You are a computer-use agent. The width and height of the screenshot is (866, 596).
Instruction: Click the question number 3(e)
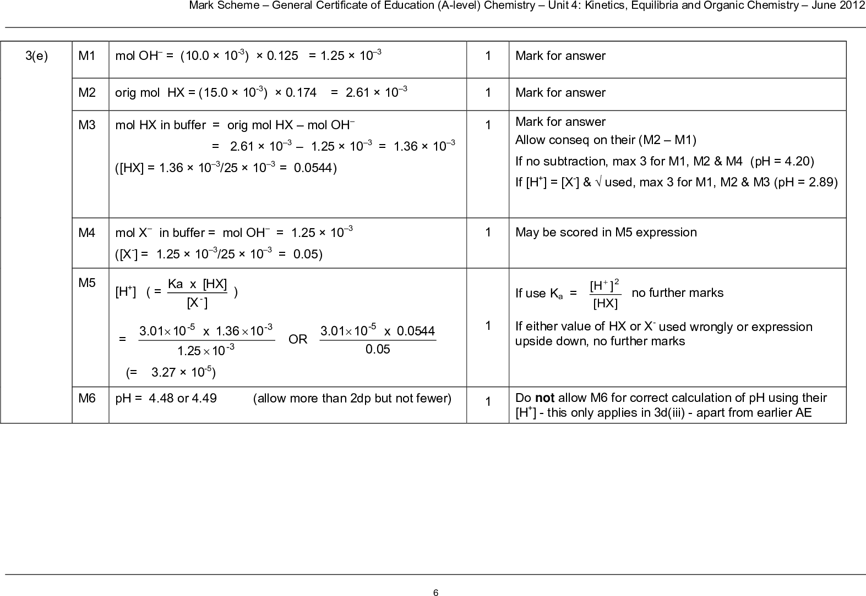(x=37, y=56)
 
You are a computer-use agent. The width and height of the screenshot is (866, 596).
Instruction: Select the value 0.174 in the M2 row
(x=301, y=92)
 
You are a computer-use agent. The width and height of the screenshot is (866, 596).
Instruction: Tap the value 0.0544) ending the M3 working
(x=316, y=167)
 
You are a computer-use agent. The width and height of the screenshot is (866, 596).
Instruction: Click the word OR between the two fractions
(x=298, y=339)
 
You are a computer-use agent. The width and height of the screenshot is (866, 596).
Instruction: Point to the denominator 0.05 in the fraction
(x=378, y=349)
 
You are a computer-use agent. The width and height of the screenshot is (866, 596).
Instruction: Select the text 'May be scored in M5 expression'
(x=606, y=233)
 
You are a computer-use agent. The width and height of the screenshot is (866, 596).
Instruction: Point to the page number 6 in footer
(x=435, y=592)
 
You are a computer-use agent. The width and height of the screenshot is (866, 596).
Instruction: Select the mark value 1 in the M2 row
(x=488, y=92)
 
